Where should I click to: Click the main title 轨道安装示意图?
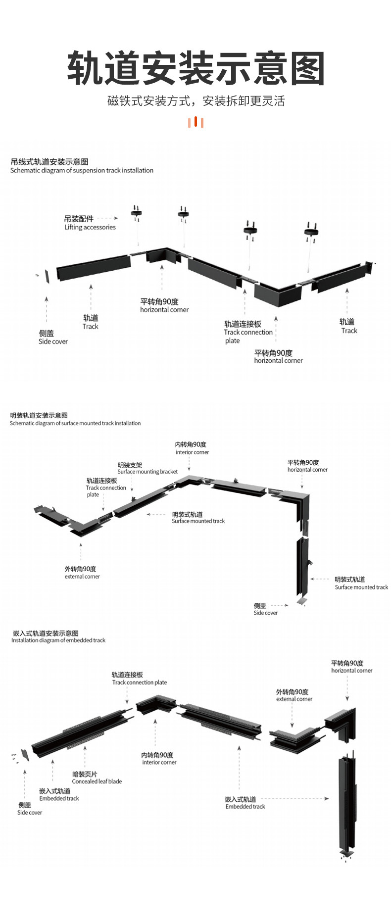195,68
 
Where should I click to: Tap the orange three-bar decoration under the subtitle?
196,122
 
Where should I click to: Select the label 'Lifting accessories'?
90,227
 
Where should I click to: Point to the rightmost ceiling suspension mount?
311,231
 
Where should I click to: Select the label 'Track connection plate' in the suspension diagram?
247,332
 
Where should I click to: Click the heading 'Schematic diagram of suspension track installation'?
82,170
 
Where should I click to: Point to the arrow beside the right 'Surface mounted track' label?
320,579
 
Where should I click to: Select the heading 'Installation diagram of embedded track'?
58,640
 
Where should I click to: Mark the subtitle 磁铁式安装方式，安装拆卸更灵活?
196,101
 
